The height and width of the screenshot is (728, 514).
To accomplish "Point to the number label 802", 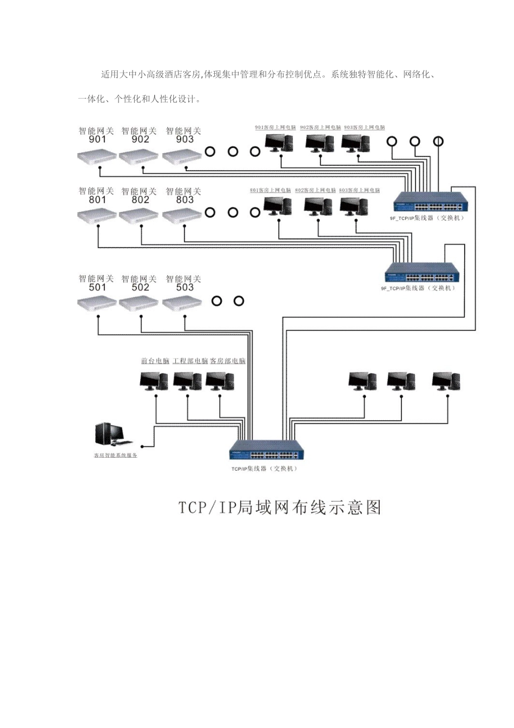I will pyautogui.click(x=141, y=200).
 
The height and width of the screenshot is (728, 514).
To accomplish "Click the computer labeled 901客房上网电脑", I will pyautogui.click(x=279, y=143).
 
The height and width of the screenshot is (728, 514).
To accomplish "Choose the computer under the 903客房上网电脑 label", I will pyautogui.click(x=356, y=143).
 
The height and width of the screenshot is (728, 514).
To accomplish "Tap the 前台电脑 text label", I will pyautogui.click(x=155, y=361).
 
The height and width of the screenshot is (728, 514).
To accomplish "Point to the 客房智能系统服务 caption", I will pyautogui.click(x=116, y=456).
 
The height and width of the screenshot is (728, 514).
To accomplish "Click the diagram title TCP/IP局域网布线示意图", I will pyautogui.click(x=280, y=507).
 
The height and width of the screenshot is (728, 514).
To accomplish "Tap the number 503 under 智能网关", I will pyautogui.click(x=184, y=288).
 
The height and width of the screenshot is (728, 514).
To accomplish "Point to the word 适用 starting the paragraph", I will pyautogui.click(x=110, y=75).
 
